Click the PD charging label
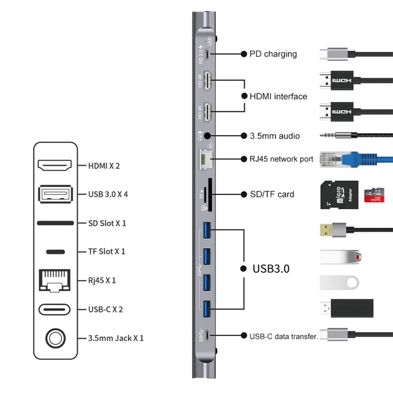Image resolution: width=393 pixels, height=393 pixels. (272, 54)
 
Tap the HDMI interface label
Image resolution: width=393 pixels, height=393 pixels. (278, 96)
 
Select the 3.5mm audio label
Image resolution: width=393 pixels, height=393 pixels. (275, 136)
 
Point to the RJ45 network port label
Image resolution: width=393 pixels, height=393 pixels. (281, 159)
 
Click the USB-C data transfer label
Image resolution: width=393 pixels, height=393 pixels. (283, 336)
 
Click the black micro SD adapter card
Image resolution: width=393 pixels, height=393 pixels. (339, 194)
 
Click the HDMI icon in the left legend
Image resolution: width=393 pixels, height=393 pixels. (55, 166)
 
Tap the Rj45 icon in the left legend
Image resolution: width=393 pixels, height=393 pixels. (55, 280)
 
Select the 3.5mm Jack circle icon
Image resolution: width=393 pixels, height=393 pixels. (55, 338)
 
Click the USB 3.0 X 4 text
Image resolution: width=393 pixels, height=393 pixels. (108, 194)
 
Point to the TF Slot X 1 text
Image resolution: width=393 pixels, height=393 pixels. (107, 252)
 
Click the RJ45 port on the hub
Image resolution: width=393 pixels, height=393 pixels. (205, 158)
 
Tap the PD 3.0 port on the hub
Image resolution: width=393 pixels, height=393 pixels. (209, 54)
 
